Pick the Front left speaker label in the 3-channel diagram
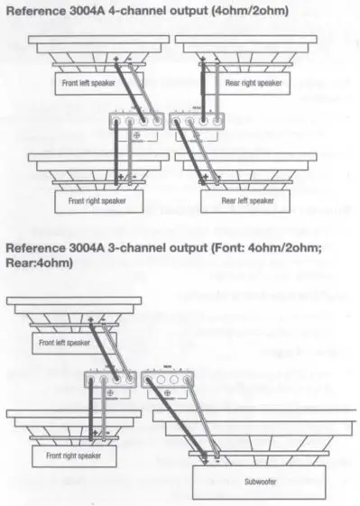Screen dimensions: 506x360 [x=65, y=344]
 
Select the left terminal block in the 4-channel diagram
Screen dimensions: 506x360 [x=137, y=122]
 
